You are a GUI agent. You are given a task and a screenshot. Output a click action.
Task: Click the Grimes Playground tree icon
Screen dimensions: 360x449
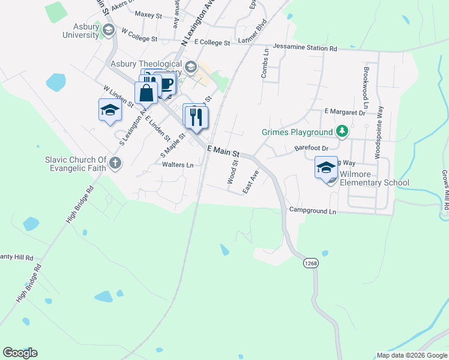click(342, 131)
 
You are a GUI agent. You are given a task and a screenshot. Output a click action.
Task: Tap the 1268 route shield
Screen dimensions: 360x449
click(310, 263)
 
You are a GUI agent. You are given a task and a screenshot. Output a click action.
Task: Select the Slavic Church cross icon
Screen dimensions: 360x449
click(115, 163)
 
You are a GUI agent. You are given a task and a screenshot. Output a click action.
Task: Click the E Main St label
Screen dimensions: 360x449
click(223, 151)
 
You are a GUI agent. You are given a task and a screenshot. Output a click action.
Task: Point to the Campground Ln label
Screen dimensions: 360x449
click(312, 211)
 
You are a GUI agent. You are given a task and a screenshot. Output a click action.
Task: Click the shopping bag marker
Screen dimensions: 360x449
click(146, 94)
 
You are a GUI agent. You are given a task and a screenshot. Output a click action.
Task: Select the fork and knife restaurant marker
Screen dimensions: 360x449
click(195, 116)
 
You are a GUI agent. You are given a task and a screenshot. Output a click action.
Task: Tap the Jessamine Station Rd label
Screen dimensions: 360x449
click(305, 47)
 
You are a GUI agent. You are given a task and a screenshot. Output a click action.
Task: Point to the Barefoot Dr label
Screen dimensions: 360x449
click(312, 148)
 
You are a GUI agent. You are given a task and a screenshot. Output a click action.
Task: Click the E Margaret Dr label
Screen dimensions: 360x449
click(345, 112)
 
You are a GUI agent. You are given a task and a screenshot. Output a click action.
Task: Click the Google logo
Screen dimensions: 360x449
click(20, 353)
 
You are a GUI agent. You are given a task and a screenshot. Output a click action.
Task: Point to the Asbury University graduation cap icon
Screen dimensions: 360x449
click(109, 29)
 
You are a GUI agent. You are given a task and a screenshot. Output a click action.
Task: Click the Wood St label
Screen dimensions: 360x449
click(232, 172)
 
